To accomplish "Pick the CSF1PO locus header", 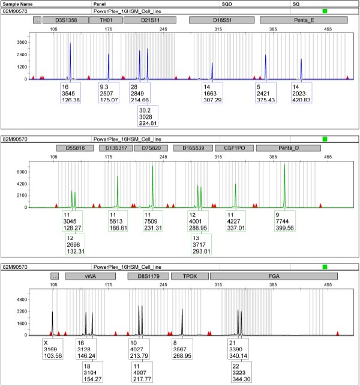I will tap(235, 148).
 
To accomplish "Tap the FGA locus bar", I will tap(272, 276).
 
